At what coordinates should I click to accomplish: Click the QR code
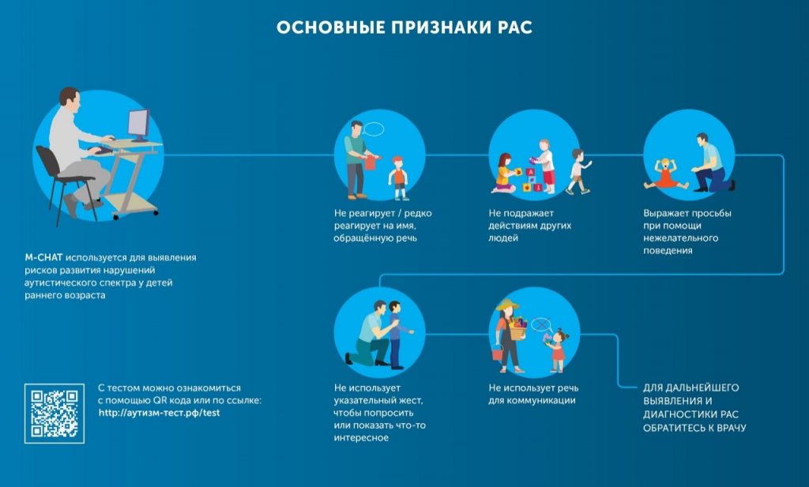(54, 413)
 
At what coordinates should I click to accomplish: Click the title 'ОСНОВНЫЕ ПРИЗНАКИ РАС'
(404, 28)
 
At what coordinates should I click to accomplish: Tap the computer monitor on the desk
(138, 125)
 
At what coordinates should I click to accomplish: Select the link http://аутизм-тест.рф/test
(159, 413)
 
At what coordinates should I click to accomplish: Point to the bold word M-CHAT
(43, 257)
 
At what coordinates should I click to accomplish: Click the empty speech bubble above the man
(374, 128)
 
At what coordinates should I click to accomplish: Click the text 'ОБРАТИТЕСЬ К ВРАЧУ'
(694, 428)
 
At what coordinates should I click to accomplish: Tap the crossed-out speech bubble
(540, 324)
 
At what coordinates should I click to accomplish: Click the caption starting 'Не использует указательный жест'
(374, 412)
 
